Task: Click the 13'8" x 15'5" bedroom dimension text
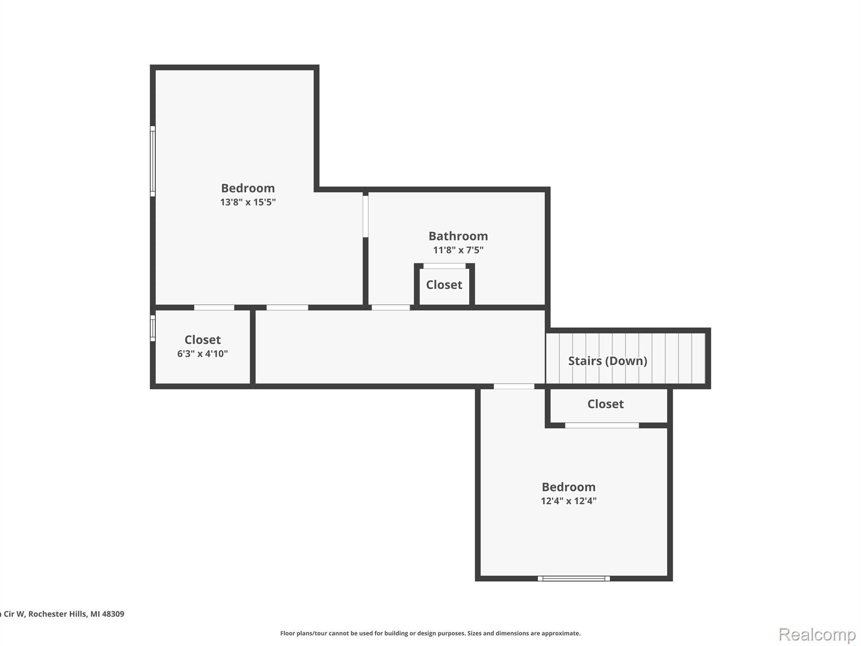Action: [248, 202]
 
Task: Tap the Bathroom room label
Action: [458, 236]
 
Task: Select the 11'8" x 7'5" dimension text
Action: [458, 250]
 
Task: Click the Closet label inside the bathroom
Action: [444, 285]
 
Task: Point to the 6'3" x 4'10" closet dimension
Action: [202, 354]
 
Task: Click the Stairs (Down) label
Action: [607, 361]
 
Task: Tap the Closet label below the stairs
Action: [605, 404]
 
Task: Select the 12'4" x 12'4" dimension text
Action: [568, 501]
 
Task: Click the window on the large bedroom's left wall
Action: [153, 161]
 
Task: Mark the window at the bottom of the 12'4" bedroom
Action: [573, 579]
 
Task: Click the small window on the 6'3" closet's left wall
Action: [153, 328]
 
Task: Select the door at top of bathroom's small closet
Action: [444, 266]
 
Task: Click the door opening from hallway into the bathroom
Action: [391, 307]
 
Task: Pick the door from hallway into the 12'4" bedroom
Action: [514, 386]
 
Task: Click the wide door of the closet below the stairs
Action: [602, 426]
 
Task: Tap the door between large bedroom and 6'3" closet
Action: [214, 307]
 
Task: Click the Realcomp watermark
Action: [817, 634]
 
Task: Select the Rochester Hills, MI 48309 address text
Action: [76, 614]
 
